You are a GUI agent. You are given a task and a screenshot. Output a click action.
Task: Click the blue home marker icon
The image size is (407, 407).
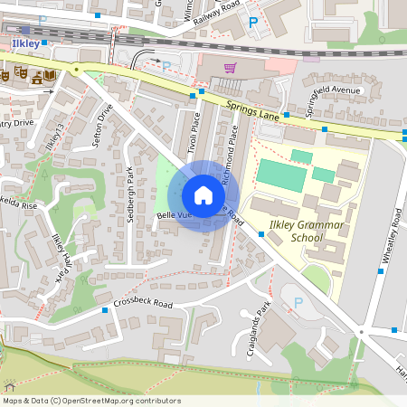pyautogui.click(x=203, y=195)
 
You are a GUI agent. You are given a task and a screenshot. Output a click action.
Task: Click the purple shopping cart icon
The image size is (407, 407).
pyautogui.click(x=230, y=67)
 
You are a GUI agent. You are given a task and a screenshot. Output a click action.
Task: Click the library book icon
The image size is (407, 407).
pyautogui.click(x=37, y=77)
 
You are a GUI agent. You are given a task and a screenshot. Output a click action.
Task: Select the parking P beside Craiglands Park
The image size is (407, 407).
pyautogui.click(x=298, y=302)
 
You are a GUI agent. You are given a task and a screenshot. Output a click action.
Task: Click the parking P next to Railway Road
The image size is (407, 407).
pyautogui.click(x=253, y=22)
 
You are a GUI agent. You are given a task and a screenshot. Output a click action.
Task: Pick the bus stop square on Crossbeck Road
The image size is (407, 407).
pyautogui.click(x=106, y=311)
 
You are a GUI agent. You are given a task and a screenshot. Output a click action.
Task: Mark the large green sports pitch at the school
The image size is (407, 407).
pyautogui.click(x=281, y=174)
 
